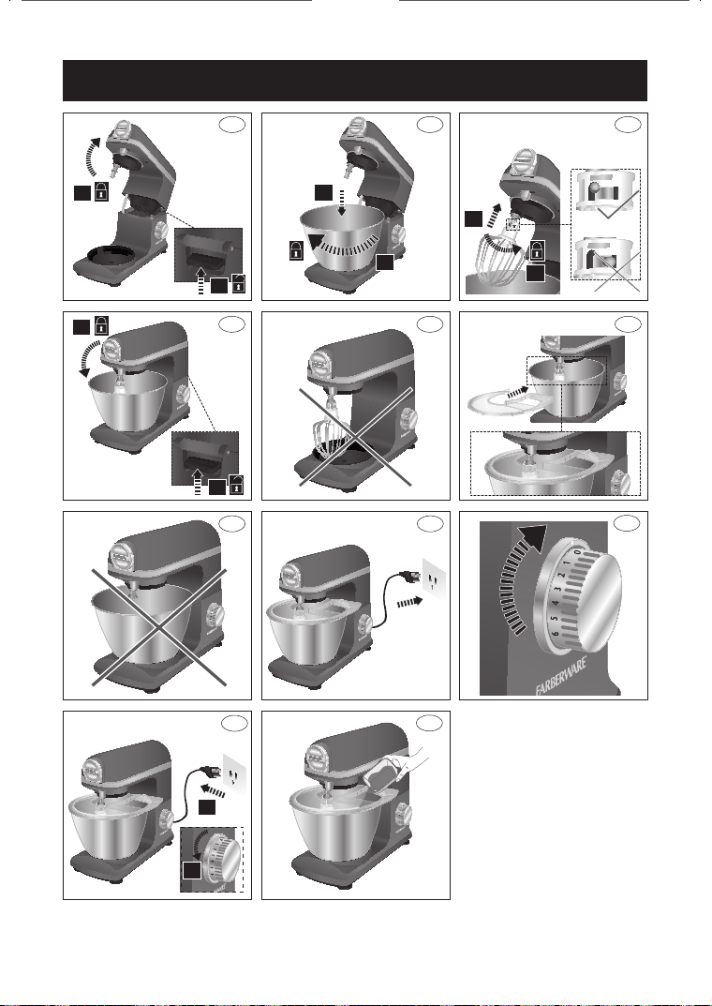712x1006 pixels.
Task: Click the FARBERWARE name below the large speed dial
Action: [x=562, y=676]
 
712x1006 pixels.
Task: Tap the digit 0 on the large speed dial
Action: [x=577, y=552]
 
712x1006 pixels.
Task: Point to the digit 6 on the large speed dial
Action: [x=555, y=633]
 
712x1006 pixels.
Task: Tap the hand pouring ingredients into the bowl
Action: [x=412, y=761]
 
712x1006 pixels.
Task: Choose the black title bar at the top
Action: [x=355, y=81]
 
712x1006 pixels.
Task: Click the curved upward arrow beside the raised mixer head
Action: [x=93, y=156]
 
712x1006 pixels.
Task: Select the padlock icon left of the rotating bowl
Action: [x=295, y=249]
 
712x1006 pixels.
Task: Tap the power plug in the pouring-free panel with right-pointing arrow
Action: [x=408, y=578]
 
